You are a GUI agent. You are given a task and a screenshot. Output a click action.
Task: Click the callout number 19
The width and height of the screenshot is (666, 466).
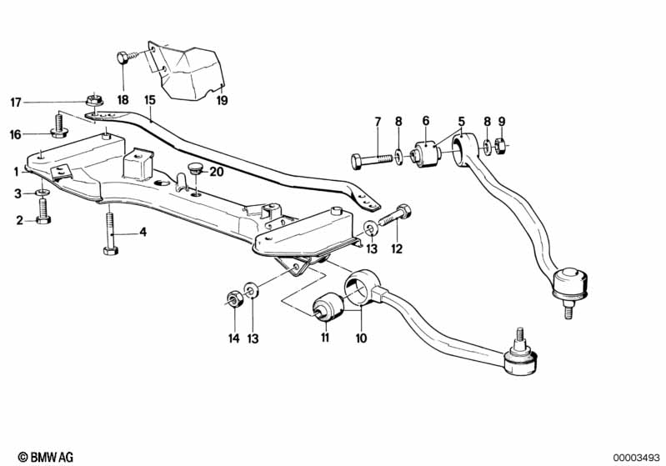click(222, 100)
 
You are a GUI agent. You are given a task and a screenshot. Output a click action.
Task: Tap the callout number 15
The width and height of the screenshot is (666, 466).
click(149, 100)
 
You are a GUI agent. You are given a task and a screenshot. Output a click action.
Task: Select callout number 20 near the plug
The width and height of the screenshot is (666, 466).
click(217, 173)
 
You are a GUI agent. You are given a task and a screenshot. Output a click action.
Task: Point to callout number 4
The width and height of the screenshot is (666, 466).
click(143, 232)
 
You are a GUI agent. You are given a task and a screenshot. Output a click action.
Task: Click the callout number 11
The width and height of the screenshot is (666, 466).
click(326, 338)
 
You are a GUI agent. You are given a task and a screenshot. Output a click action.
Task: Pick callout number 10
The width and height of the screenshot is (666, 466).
click(361, 338)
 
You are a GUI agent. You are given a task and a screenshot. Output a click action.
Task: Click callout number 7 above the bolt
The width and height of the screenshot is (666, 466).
click(377, 122)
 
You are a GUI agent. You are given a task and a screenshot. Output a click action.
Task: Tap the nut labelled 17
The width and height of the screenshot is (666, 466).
click(93, 102)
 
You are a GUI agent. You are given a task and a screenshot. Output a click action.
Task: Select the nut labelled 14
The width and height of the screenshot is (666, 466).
click(234, 297)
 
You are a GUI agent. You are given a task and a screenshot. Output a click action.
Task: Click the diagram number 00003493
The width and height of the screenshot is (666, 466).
click(636, 457)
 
